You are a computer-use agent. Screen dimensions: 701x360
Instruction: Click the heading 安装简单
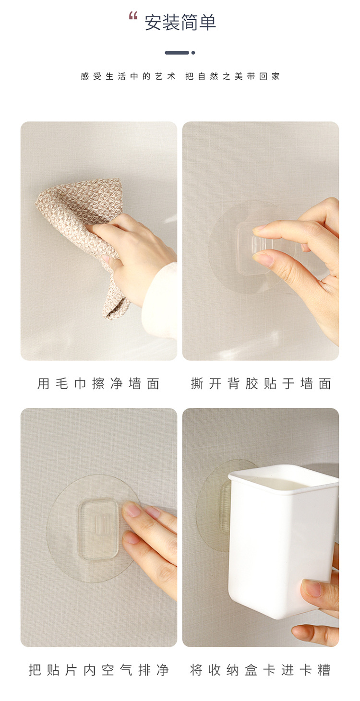point(180,23)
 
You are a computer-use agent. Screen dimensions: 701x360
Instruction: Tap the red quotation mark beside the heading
point(133,16)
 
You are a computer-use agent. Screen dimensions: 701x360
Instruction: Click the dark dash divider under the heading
point(177,53)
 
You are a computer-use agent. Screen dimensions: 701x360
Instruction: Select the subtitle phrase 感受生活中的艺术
point(128,76)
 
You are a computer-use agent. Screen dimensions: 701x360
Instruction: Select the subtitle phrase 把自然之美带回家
point(233,76)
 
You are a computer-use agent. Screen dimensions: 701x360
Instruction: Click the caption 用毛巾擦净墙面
point(98,384)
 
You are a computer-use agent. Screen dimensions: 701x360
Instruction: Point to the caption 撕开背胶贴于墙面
point(261,384)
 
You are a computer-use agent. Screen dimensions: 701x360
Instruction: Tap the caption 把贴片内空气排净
point(98,670)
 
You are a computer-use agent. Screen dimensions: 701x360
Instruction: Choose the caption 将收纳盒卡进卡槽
point(261,670)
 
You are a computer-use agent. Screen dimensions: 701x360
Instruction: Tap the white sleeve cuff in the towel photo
point(158,297)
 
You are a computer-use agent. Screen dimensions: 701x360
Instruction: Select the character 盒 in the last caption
point(251,670)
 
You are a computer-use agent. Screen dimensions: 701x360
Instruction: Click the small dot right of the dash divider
point(193,53)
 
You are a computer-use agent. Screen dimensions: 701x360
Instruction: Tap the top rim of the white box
point(283,473)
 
